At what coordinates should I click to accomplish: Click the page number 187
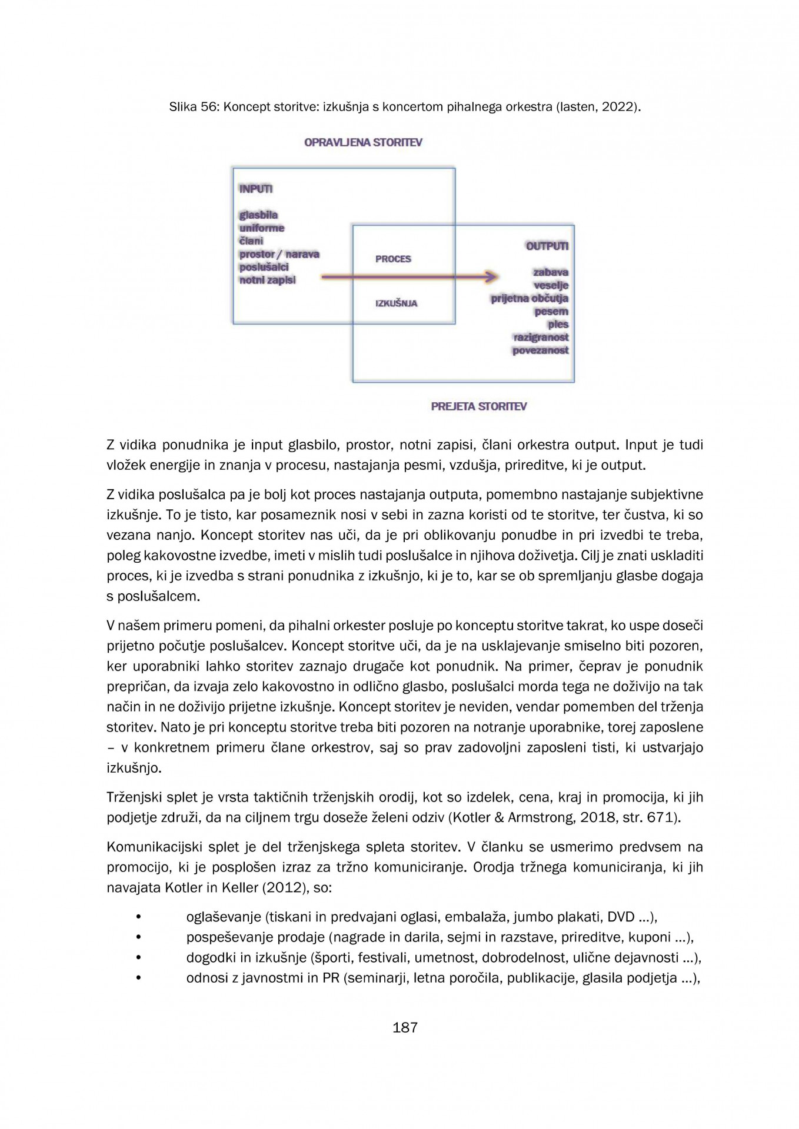[x=405, y=1027]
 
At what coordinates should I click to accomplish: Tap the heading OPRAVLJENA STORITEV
[x=363, y=142]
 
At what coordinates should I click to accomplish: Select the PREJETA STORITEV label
[x=478, y=406]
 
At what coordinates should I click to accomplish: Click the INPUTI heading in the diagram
[x=255, y=189]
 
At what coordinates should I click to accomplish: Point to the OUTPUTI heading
[x=547, y=246]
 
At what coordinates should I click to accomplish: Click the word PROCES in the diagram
[x=393, y=259]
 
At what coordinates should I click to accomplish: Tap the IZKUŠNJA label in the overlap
[x=396, y=303]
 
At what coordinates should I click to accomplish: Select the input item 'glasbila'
[x=258, y=215]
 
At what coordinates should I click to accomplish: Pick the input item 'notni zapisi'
[x=267, y=280]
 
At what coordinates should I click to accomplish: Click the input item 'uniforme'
[x=261, y=228]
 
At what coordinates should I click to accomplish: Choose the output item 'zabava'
[x=550, y=272]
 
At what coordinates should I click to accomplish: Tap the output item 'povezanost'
[x=540, y=350]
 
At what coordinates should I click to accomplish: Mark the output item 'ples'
[x=558, y=324]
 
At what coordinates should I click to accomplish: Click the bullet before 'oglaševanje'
[x=139, y=917]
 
